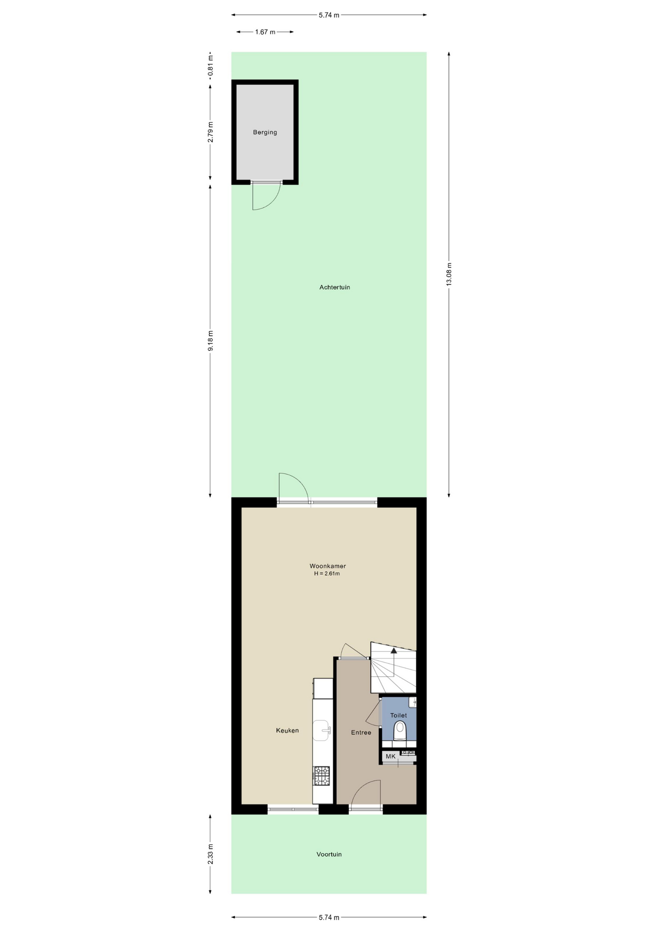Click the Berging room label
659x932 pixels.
265,132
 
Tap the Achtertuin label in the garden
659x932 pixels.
334,287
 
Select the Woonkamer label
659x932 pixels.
328,566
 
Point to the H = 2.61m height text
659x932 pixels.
327,574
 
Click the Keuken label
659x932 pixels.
287,731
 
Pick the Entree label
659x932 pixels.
361,732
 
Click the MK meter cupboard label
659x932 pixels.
391,756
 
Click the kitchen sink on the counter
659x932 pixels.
322,730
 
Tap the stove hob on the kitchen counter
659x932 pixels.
321,776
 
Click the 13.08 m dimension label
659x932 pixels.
449,274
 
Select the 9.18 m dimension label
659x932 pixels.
210,341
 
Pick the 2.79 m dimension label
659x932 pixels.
210,132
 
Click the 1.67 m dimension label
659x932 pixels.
265,32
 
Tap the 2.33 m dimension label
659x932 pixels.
210,854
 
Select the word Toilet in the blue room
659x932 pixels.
398,716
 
